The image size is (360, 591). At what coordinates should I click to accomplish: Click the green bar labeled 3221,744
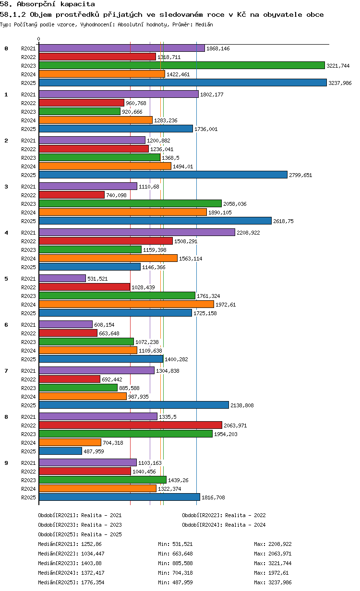pos(182,65)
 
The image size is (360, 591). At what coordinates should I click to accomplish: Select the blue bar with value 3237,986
pos(183,83)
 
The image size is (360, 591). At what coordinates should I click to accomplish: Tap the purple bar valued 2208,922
pos(137,233)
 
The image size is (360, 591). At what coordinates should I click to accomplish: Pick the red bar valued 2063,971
pos(131,426)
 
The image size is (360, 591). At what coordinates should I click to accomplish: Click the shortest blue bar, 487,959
pos(60,451)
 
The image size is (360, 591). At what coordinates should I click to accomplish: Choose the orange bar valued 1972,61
pos(126,305)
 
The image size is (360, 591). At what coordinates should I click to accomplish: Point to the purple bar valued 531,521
pos(62,279)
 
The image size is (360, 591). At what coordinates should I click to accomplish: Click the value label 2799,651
pos(300,175)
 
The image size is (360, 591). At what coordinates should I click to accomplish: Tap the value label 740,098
pos(116,195)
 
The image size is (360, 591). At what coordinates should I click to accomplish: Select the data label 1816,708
pos(213,497)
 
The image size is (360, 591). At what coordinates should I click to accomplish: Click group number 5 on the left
pos(6,279)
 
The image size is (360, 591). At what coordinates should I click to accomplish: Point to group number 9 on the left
pos(6,463)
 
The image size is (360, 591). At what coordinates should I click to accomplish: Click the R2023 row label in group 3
pos(28,204)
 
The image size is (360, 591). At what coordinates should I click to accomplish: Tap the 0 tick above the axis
pos(39,39)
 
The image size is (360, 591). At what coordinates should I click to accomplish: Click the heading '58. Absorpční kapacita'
pos(48,4)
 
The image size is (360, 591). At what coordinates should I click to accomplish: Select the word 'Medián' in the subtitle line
pos(204,24)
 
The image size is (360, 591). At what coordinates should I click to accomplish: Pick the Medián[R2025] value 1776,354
pos(93,582)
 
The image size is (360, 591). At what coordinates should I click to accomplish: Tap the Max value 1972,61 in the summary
pos(278,573)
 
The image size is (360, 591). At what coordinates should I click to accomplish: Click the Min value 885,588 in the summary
pos(182,563)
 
